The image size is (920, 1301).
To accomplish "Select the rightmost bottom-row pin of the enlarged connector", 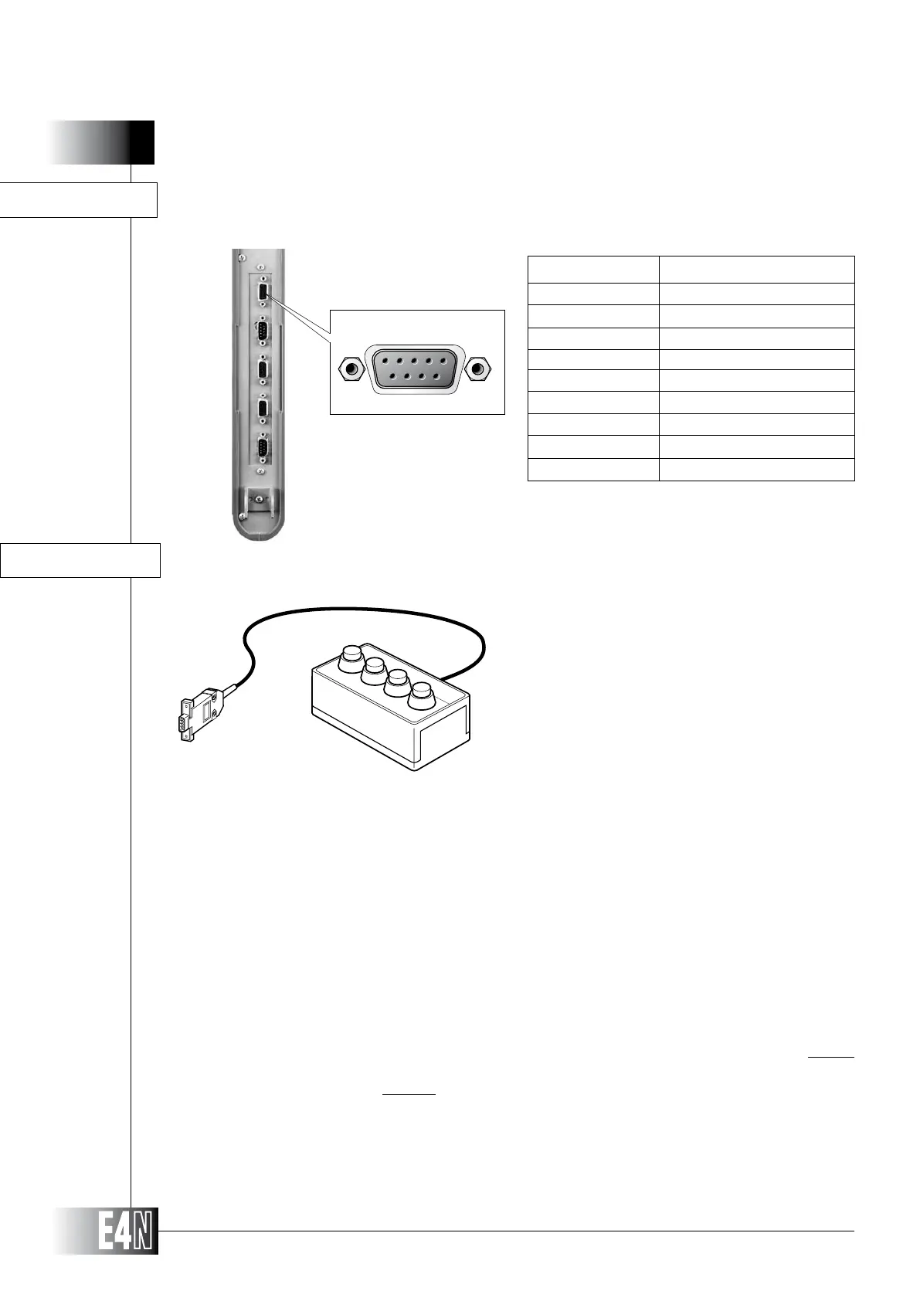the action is [437, 376].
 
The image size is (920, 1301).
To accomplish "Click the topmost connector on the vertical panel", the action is [264, 292].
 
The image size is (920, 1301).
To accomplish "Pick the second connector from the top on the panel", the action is [263, 332].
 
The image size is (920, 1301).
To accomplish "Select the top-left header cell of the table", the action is [592, 269].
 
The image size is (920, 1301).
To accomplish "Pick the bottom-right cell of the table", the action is [756, 470].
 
